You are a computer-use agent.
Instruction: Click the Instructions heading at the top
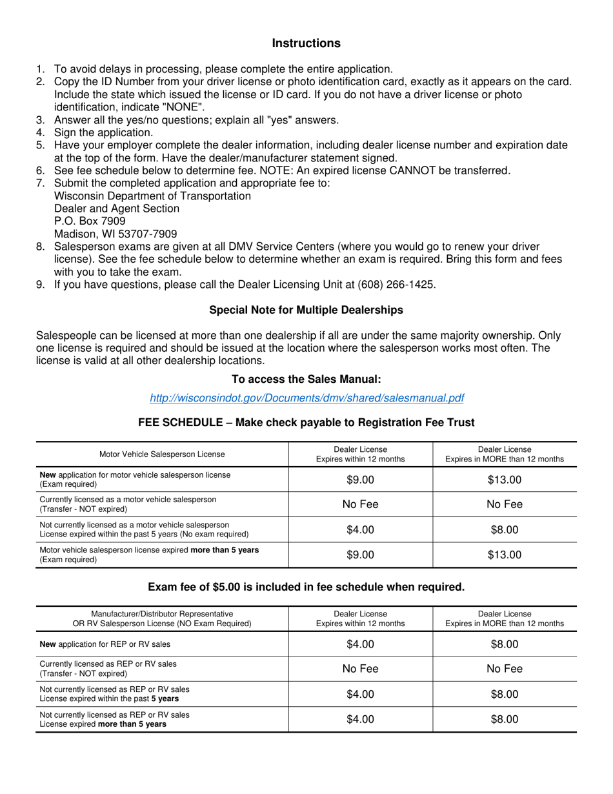tap(306, 43)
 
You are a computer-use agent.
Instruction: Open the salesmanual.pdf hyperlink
tap(306, 398)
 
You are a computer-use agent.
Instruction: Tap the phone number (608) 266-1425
tap(398, 283)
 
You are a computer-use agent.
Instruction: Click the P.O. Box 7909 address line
tap(85, 221)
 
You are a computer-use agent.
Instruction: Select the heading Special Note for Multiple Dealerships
tap(306, 310)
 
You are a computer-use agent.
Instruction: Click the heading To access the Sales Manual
tap(306, 380)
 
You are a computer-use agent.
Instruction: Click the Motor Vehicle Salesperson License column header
tap(162, 454)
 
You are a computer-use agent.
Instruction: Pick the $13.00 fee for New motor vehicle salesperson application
tap(504, 480)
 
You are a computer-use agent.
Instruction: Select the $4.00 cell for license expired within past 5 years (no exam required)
tap(360, 530)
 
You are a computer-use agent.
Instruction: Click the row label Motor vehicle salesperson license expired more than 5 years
tap(149, 555)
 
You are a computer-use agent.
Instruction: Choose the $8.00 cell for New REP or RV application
tap(504, 644)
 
